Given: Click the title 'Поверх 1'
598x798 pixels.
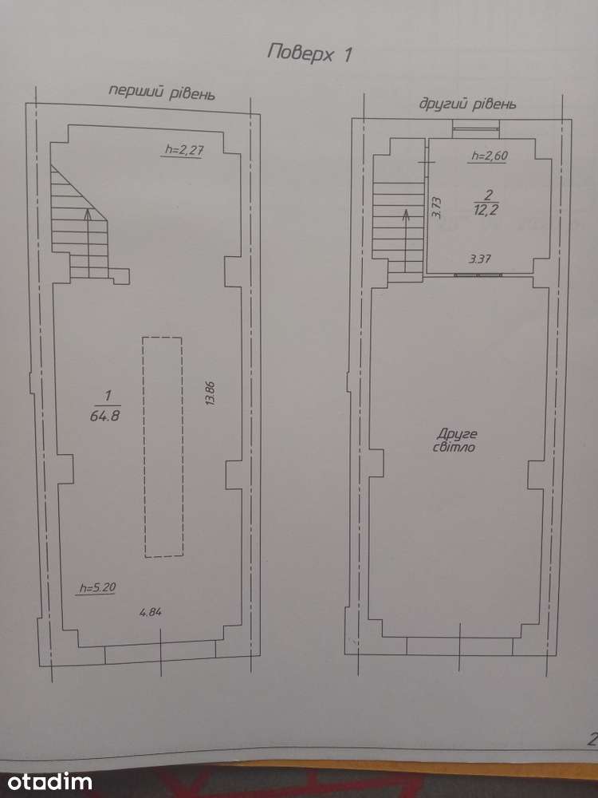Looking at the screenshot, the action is click(x=309, y=53).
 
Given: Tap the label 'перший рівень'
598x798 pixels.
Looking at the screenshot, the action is click(x=162, y=92).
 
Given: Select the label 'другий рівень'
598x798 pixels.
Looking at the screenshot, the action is click(x=467, y=104).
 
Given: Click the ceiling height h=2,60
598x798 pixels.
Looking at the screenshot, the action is click(x=490, y=156).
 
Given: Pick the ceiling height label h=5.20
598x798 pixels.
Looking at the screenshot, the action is click(x=97, y=588).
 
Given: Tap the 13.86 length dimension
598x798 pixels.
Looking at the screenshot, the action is click(x=210, y=393).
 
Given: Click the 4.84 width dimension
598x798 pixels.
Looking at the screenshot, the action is click(x=151, y=612).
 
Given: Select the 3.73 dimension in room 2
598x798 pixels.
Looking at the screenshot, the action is click(x=437, y=207).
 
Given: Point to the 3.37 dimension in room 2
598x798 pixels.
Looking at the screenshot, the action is click(x=479, y=259).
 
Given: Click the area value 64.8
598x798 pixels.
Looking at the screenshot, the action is click(x=104, y=415).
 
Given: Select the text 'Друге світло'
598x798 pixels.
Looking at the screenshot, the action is click(x=456, y=440).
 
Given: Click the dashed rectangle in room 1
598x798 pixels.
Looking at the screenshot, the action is click(x=163, y=446).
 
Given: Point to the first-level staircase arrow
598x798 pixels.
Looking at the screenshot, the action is click(x=89, y=243).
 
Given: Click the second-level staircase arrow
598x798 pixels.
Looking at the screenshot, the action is click(x=406, y=241).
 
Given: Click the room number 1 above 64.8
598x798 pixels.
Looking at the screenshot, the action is click(x=107, y=396).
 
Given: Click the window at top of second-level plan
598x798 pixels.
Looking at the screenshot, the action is click(x=475, y=129).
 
